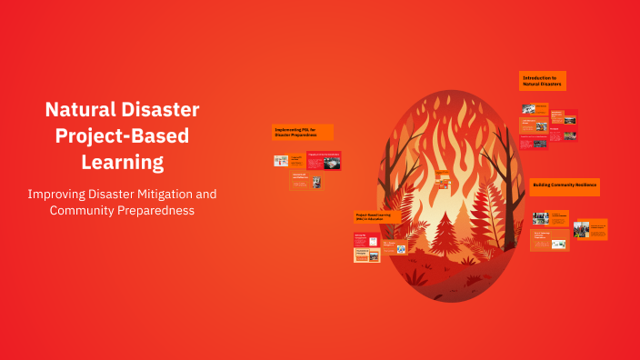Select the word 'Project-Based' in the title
pyautogui.click(x=122, y=136)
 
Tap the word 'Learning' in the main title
pyautogui.click(x=122, y=163)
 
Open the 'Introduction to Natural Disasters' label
pyautogui.click(x=543, y=81)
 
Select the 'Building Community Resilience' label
pyautogui.click(x=565, y=186)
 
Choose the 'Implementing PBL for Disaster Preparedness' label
pyautogui.click(x=303, y=132)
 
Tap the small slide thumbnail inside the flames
pyautogui.click(x=442, y=178)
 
